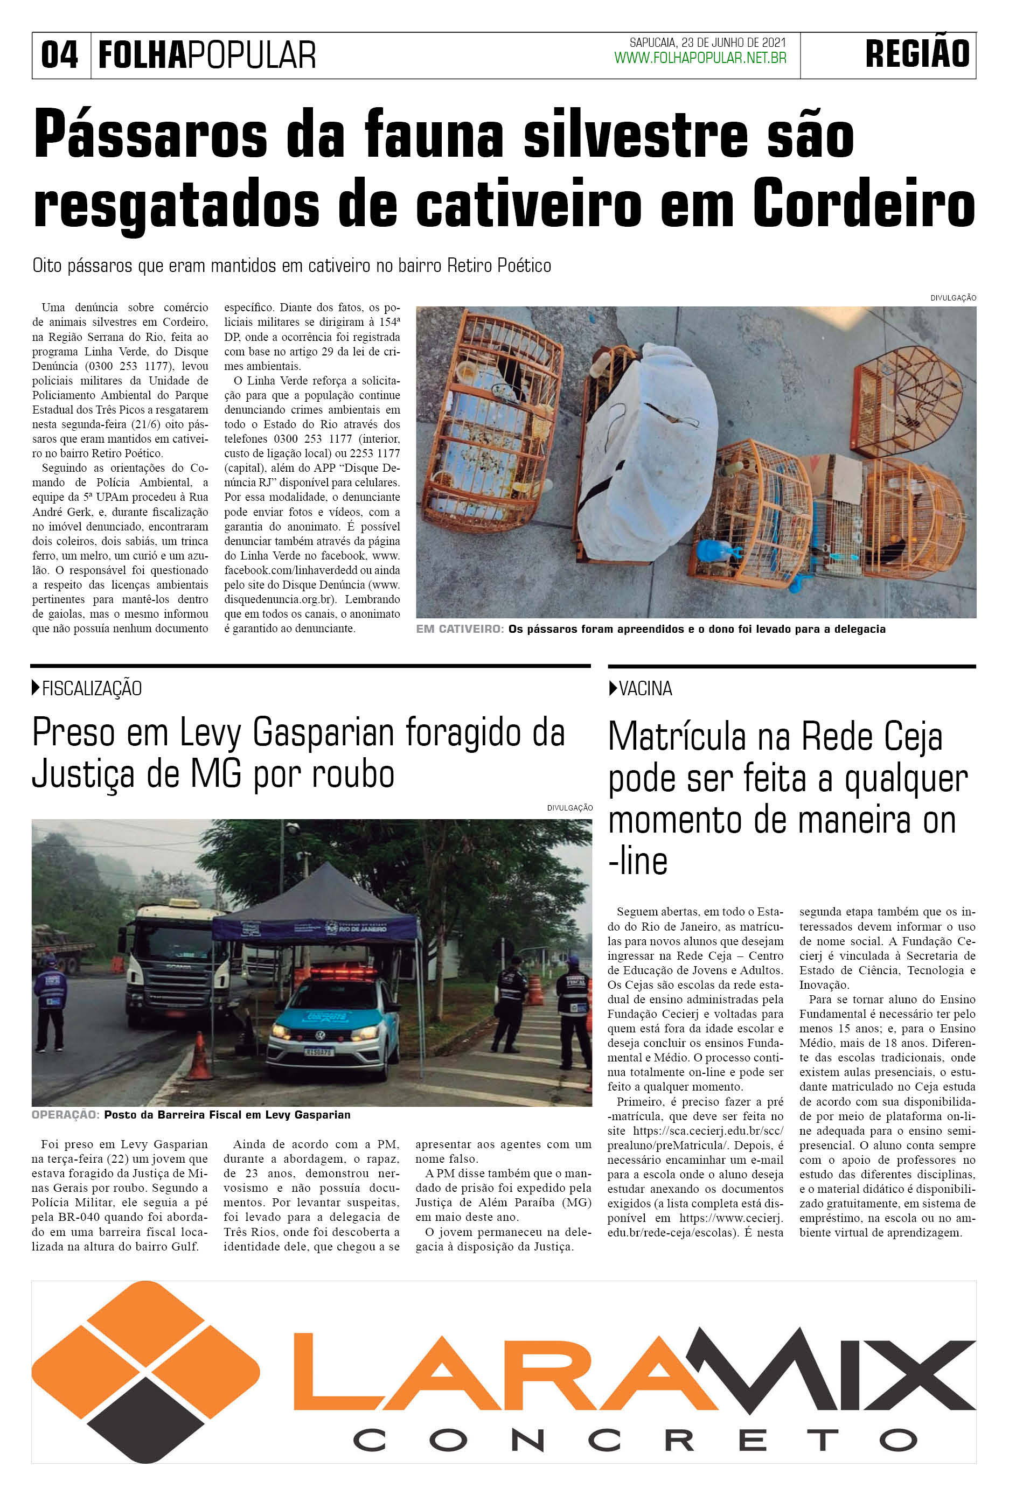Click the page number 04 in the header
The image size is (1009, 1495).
point(59,55)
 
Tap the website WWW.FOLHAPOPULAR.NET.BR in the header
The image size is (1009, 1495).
point(700,59)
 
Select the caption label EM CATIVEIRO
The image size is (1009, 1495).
point(460,629)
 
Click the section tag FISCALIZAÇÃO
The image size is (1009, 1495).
point(92,689)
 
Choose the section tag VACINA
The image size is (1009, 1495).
point(645,689)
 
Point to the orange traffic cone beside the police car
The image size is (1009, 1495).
point(199,1056)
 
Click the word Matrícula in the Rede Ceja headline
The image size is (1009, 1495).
point(678,737)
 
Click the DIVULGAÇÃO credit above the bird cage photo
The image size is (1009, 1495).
point(953,298)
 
